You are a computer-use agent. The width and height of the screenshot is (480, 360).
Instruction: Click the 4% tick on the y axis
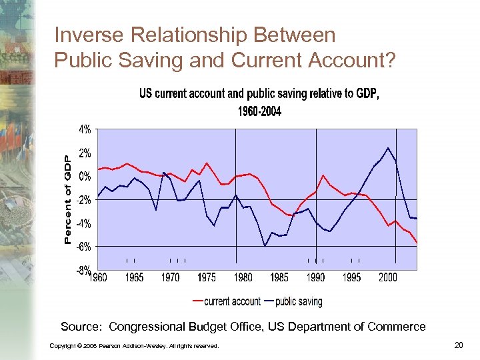tap(85, 129)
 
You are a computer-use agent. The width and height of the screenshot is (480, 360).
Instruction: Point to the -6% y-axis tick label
tap(84, 247)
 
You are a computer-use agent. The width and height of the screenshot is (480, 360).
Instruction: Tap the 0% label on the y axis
tap(85, 177)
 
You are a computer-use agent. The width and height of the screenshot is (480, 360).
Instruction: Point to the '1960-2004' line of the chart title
tap(259, 111)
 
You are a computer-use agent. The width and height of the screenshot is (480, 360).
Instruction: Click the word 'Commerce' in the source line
tap(401, 327)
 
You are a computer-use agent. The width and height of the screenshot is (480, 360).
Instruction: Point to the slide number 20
tap(457, 345)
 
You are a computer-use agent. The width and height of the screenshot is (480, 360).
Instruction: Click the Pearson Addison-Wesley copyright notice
tap(134, 345)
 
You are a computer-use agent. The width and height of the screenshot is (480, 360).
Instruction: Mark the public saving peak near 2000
tap(388, 147)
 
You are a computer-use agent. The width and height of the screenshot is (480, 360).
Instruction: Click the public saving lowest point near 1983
tap(265, 246)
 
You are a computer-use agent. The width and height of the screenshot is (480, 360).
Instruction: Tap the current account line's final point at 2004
tap(417, 243)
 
